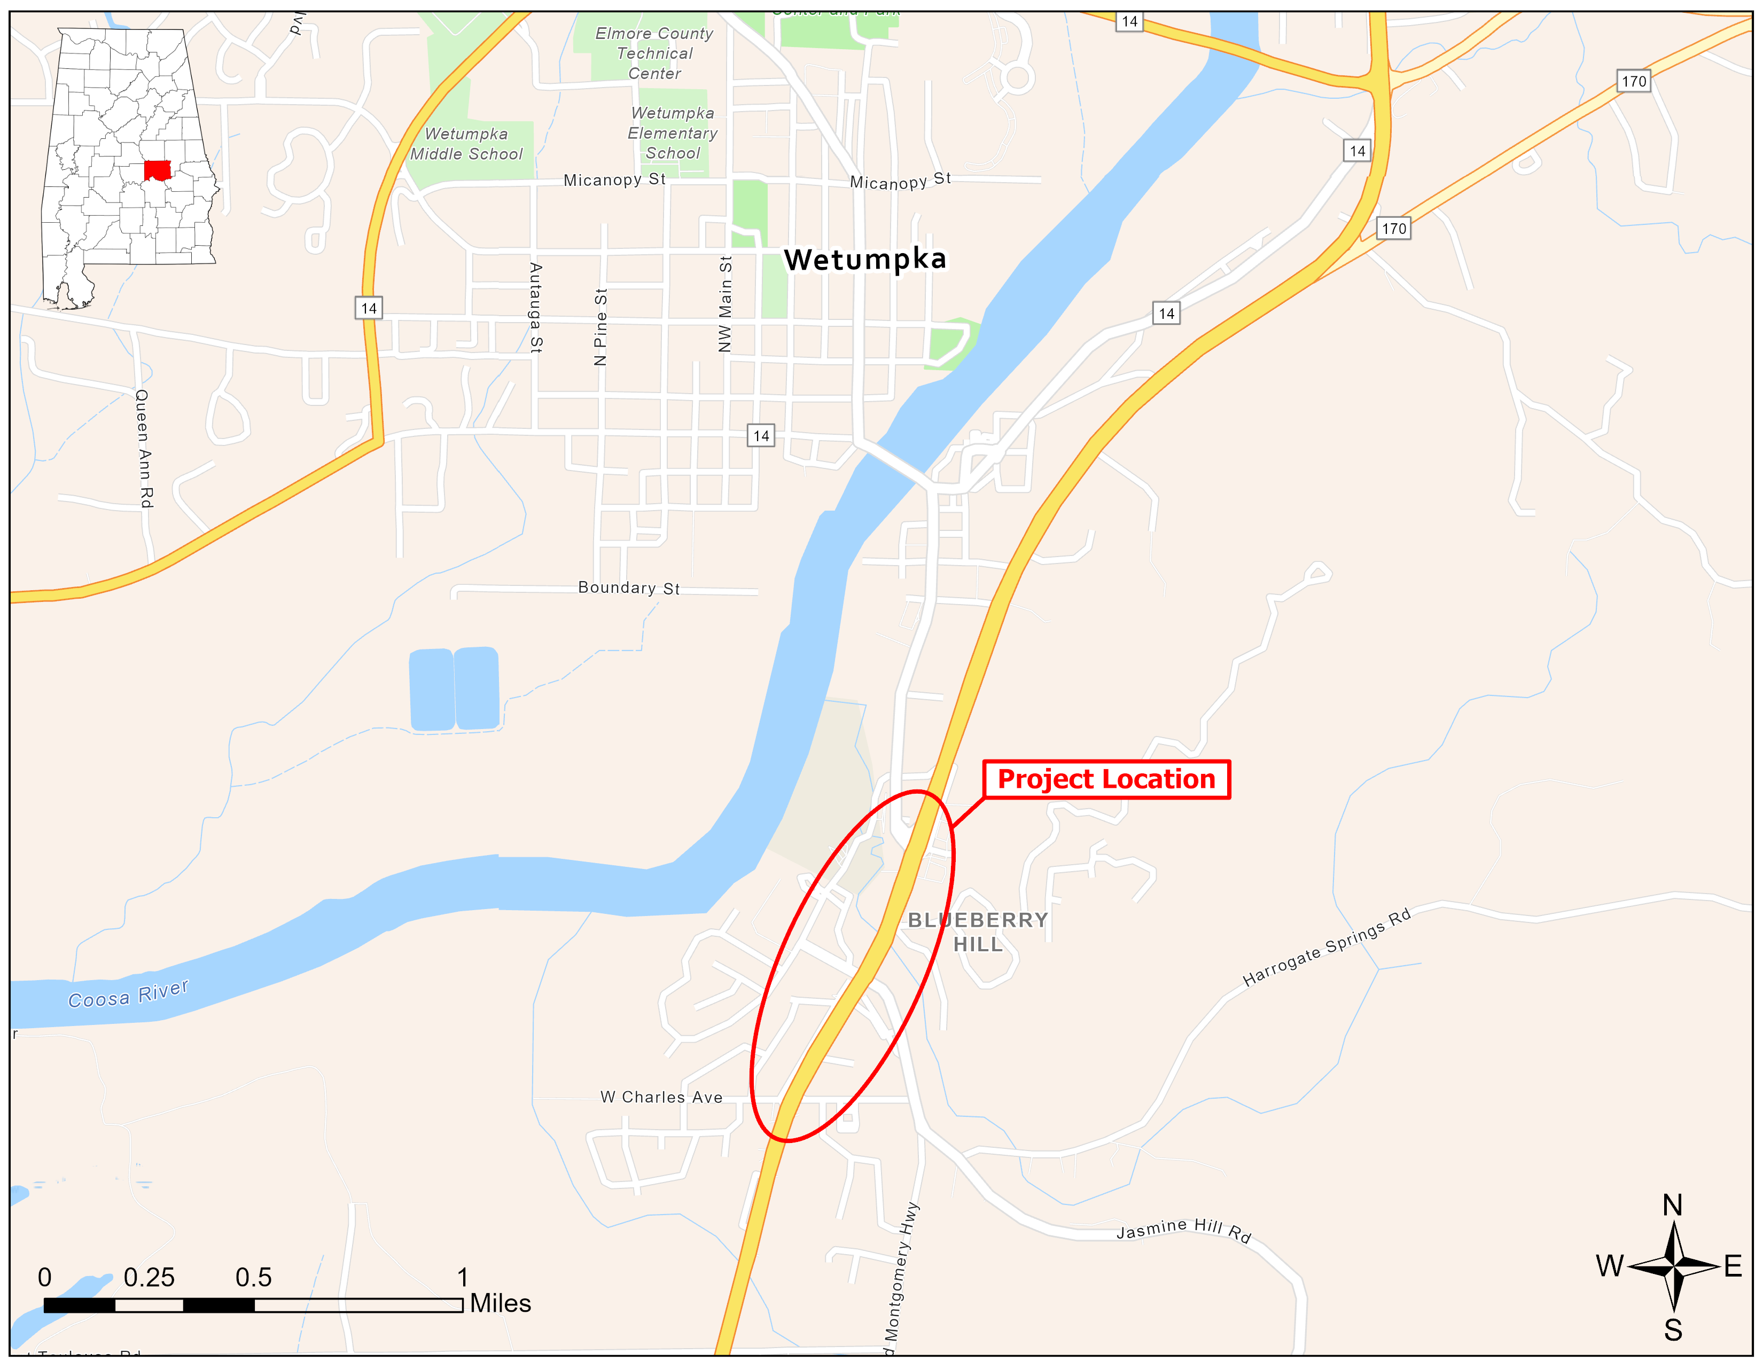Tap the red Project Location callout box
pyautogui.click(x=1106, y=779)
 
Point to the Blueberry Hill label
pyautogui.click(x=978, y=932)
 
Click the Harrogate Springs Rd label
pyautogui.click(x=1327, y=948)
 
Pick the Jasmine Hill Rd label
pyautogui.click(x=1183, y=1230)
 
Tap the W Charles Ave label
pyautogui.click(x=661, y=1098)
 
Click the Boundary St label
pyautogui.click(x=629, y=588)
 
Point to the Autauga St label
pyautogui.click(x=536, y=308)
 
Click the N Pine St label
pyautogui.click(x=600, y=327)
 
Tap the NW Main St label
pyautogui.click(x=725, y=304)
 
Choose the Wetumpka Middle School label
pyautogui.click(x=466, y=144)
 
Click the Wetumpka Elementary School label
pyautogui.click(x=673, y=133)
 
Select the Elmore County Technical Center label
pyautogui.click(x=654, y=53)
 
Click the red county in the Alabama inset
pyautogui.click(x=158, y=170)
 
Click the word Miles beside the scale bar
pyautogui.click(x=501, y=1304)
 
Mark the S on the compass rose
pyautogui.click(x=1673, y=1330)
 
